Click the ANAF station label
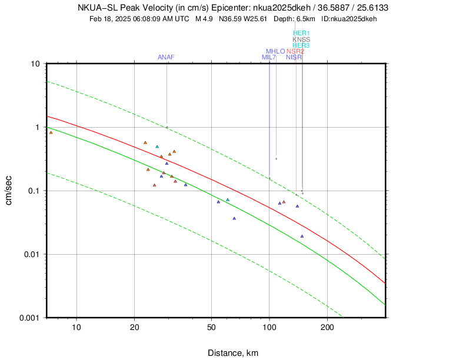pos(166,57)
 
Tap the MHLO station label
pos(275,51)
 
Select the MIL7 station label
pos(269,57)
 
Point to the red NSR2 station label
pos(295,51)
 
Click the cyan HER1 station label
pos(301,34)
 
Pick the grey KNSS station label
pos(301,39)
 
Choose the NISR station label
pos(294,57)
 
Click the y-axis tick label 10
pos(35,64)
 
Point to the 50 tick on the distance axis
pos(211,328)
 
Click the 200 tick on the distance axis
pos(327,328)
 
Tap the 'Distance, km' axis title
pos(233,353)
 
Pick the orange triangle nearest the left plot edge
pos(51,133)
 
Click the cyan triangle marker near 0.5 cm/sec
pos(157,146)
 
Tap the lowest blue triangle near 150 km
pos(302,236)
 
